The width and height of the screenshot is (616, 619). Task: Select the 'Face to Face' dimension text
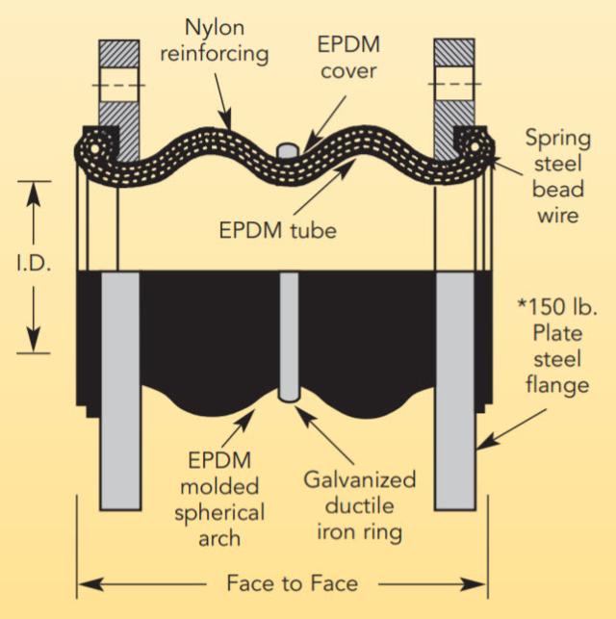pos(279,582)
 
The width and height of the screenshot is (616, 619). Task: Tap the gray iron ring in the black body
pos(286,337)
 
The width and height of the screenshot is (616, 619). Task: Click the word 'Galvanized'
pos(360,479)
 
